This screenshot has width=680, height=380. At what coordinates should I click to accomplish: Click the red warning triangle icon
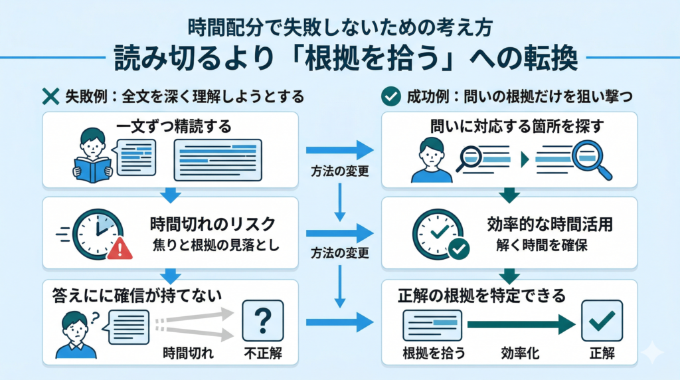tap(120, 248)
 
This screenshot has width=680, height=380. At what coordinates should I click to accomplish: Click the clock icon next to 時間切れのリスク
tap(97, 234)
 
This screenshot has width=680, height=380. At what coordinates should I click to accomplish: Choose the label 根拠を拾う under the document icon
tap(434, 353)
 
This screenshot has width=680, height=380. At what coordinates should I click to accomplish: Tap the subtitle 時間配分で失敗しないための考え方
tap(339, 29)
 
